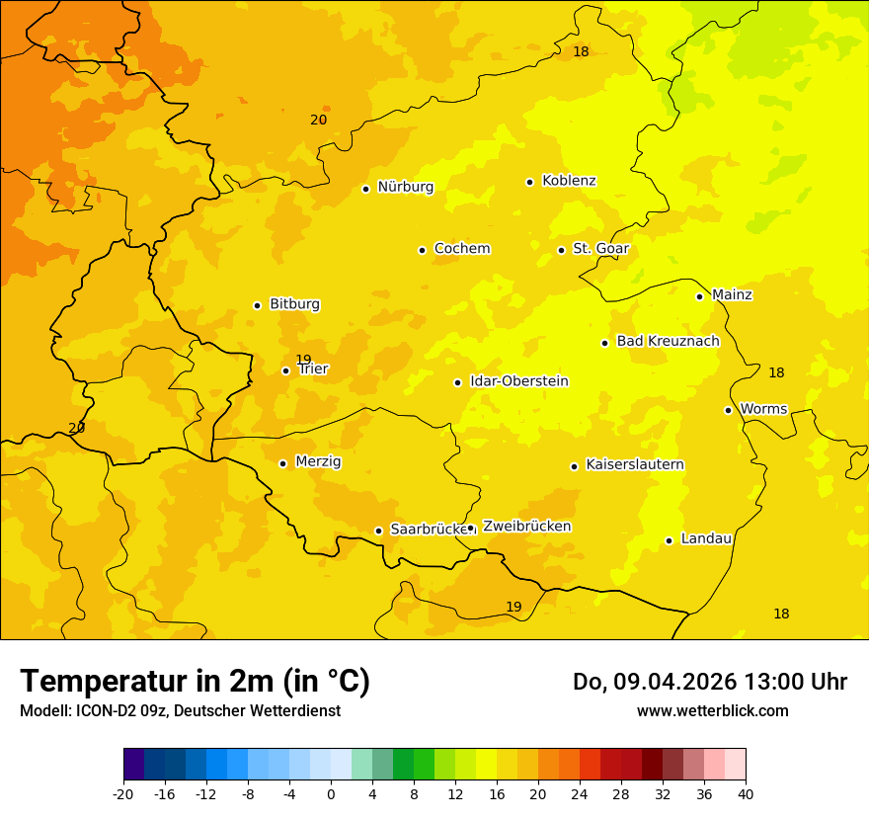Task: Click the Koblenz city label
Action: (x=569, y=181)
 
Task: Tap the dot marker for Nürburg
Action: (x=365, y=189)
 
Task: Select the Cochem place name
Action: (x=461, y=249)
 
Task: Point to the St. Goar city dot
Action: (x=561, y=250)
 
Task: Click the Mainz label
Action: (x=732, y=295)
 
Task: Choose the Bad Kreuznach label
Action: (x=668, y=342)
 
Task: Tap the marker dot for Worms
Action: (x=728, y=410)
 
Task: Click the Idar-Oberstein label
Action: (x=518, y=381)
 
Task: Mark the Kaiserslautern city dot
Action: (x=574, y=466)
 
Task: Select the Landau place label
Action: (x=706, y=538)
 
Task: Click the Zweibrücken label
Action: (x=526, y=527)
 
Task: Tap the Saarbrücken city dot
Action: (x=378, y=531)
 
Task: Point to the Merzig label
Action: (x=318, y=461)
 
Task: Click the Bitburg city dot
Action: (x=257, y=305)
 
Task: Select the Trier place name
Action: (x=313, y=369)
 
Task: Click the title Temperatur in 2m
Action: (x=195, y=682)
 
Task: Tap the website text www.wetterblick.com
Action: (x=712, y=710)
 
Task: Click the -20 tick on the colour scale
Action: (x=123, y=793)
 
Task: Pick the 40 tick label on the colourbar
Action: (x=746, y=793)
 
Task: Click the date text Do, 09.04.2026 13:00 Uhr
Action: (x=709, y=682)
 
